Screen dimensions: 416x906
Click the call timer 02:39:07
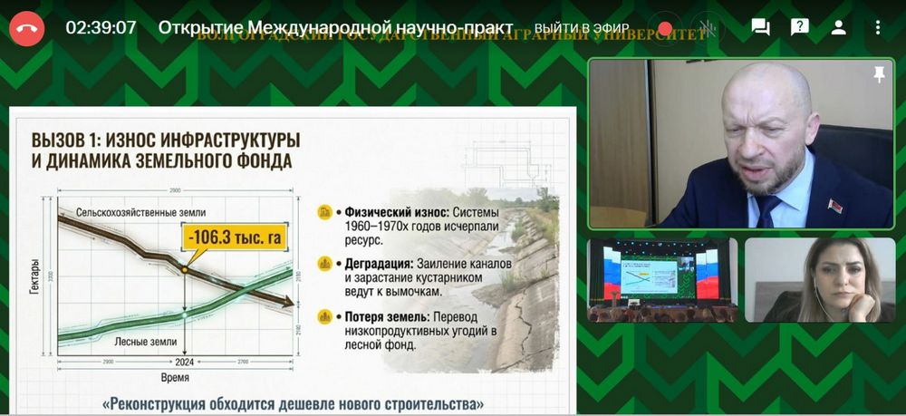click(x=101, y=27)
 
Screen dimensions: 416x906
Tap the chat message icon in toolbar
click(x=760, y=27)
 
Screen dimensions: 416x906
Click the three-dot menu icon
click(x=877, y=27)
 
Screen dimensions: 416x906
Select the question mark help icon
click(x=799, y=27)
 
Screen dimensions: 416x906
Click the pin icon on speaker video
click(x=879, y=75)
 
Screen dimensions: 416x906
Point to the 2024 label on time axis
click(x=184, y=362)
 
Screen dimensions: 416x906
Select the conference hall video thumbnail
click(x=661, y=280)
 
